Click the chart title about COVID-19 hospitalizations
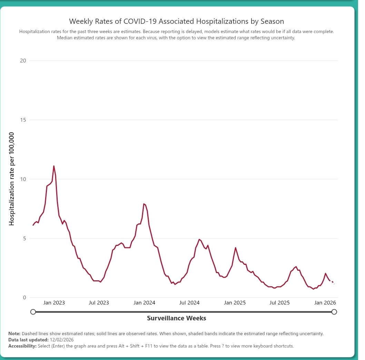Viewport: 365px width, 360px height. (x=176, y=21)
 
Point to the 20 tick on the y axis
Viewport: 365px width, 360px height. (x=23, y=61)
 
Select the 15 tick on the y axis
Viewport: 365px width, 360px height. (x=23, y=120)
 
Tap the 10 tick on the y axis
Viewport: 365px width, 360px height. (x=23, y=179)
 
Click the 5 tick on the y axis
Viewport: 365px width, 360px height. (x=24, y=239)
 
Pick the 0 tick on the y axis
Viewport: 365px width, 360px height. (x=24, y=298)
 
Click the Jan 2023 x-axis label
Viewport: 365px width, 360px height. (x=54, y=303)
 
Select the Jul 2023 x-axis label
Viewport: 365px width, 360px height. (x=99, y=303)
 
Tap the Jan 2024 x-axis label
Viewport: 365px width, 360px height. (x=145, y=303)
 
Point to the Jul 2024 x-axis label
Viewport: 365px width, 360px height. (x=189, y=303)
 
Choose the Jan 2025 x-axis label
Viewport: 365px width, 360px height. (x=235, y=303)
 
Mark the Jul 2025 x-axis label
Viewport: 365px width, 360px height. (x=279, y=303)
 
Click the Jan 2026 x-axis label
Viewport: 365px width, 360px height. (x=325, y=303)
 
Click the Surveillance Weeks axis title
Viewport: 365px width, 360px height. (x=176, y=318)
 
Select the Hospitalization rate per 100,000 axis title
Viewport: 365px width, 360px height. (x=12, y=179)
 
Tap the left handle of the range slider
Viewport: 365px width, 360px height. (x=33, y=312)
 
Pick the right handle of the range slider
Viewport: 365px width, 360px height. (x=334, y=312)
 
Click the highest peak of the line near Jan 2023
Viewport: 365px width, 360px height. (x=54, y=166)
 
